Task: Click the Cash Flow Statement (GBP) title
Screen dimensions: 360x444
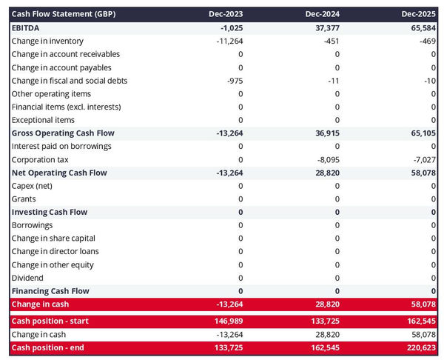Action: tap(64, 14)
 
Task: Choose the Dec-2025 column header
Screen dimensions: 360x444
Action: tap(419, 14)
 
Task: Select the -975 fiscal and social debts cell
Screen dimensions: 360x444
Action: tap(233, 80)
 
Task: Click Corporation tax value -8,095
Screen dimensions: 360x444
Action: tap(327, 159)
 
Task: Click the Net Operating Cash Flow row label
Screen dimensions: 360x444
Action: tap(59, 173)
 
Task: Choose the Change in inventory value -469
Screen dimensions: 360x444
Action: tap(427, 41)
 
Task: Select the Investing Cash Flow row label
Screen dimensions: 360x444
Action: tap(50, 212)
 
